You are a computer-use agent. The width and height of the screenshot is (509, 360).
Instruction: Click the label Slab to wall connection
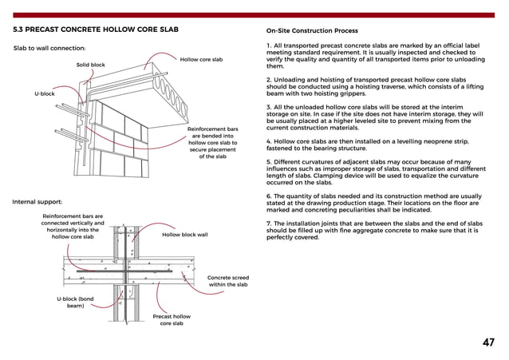tap(50, 49)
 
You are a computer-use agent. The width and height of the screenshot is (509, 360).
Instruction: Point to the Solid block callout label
tap(90, 65)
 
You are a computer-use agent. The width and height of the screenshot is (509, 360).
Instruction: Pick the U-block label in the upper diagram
tap(44, 94)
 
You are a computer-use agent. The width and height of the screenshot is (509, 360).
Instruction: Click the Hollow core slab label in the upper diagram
tap(201, 60)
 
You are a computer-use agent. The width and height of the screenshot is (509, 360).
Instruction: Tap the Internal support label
tap(37, 202)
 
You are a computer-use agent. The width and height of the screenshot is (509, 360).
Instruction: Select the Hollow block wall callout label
tap(185, 235)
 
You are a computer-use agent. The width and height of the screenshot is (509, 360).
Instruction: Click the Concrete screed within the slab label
tap(228, 281)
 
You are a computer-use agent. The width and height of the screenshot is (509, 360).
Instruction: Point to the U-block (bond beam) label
tap(75, 303)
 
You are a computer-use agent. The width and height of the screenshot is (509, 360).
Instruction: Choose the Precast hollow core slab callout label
tap(172, 320)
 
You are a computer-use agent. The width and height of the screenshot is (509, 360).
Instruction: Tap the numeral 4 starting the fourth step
tap(267, 141)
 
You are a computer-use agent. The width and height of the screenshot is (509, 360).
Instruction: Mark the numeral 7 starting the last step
tap(267, 223)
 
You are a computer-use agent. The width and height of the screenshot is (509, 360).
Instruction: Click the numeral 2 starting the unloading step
tap(267, 81)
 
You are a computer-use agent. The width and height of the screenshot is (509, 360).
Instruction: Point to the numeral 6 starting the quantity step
tap(267, 196)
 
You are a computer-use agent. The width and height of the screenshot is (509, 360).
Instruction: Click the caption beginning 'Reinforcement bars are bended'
tap(212, 142)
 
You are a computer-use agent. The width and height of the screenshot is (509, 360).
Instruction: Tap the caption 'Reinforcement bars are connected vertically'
tap(73, 226)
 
